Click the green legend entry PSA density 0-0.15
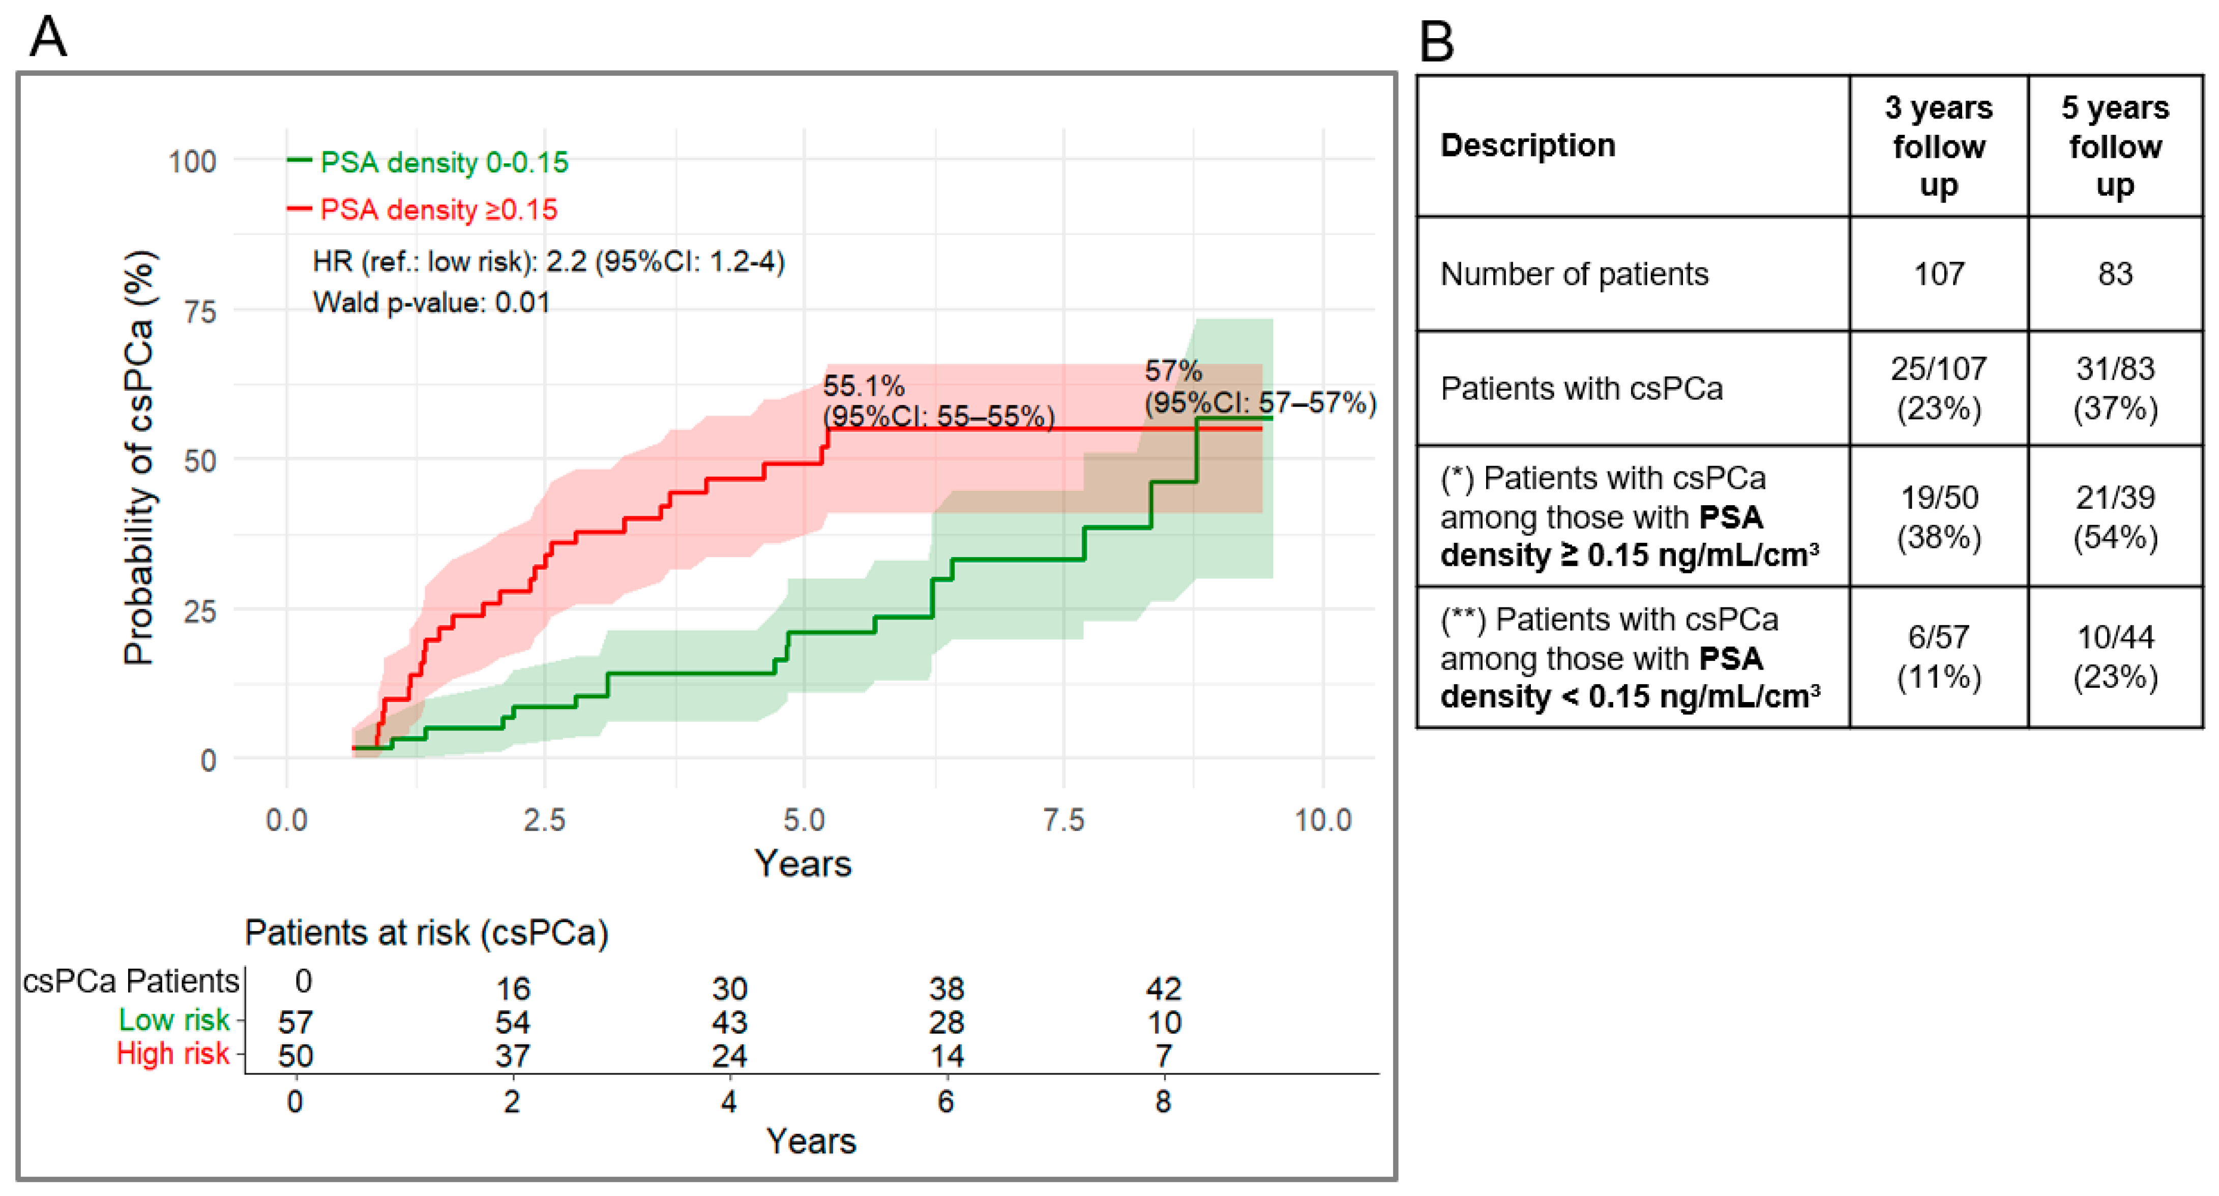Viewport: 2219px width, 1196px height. point(428,162)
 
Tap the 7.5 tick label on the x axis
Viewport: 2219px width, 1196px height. point(1064,820)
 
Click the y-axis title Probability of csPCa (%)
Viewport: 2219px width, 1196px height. point(139,458)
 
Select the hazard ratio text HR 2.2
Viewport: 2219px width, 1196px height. point(549,261)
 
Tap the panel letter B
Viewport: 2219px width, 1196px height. point(1436,41)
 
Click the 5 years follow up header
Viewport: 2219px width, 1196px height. point(2115,145)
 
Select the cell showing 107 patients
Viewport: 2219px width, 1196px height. point(1939,274)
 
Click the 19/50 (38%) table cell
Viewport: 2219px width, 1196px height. point(1939,517)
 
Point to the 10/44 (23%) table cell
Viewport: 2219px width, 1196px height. point(2115,657)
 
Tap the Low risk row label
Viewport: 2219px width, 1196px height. point(174,1020)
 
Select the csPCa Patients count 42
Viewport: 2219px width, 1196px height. point(1164,988)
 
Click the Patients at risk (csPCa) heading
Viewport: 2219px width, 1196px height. point(426,932)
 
